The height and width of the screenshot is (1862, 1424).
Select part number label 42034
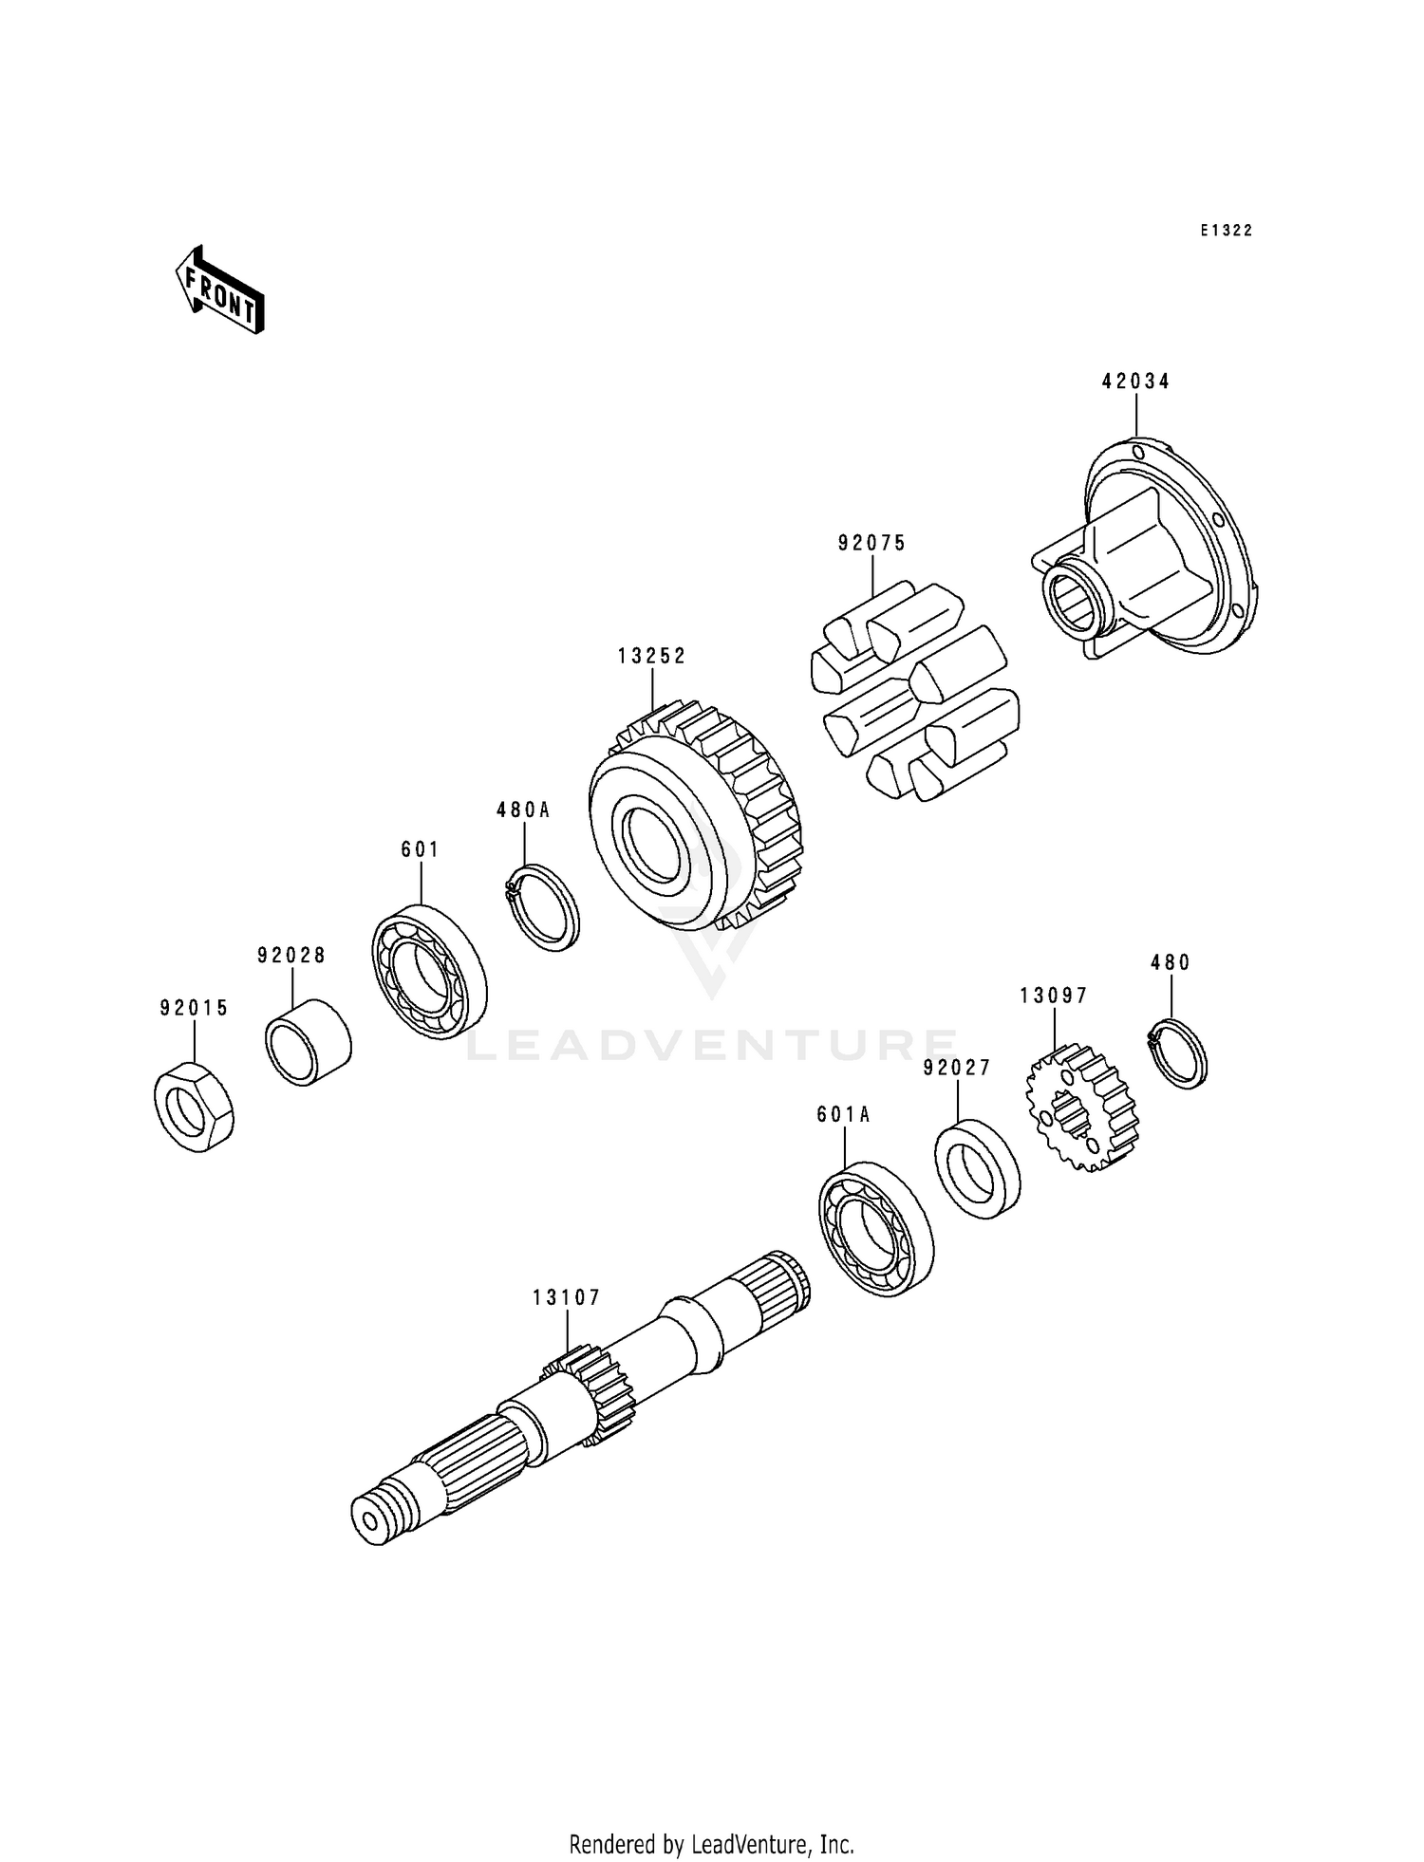tap(1135, 382)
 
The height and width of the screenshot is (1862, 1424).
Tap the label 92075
tap(871, 543)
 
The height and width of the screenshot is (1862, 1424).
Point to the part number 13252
tap(651, 656)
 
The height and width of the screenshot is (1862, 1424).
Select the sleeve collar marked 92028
tap(308, 1042)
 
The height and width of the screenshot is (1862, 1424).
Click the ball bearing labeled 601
tap(429, 973)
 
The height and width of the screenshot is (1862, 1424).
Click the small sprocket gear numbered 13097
tap(1083, 1108)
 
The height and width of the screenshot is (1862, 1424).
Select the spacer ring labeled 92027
tap(978, 1168)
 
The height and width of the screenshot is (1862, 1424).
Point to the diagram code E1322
tap(1226, 231)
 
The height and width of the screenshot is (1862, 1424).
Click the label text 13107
tap(566, 1297)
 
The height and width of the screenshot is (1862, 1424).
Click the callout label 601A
tap(843, 1115)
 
